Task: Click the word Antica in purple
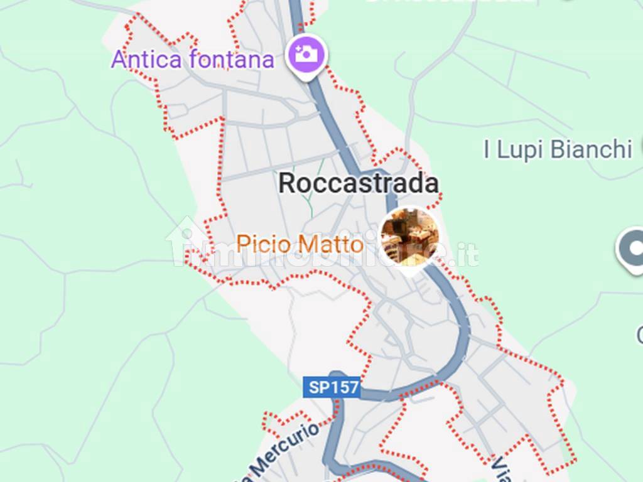[146, 60]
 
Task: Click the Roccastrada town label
[358, 183]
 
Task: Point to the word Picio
[262, 244]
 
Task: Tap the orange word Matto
[338, 244]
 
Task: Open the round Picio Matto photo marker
[410, 237]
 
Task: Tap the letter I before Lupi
[487, 150]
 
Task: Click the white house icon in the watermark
[186, 241]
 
